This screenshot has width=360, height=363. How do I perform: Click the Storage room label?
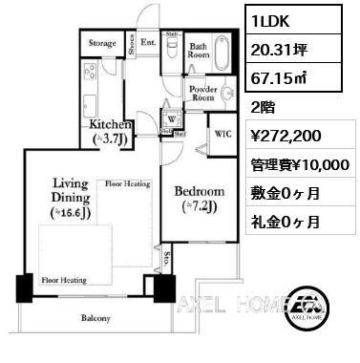coord(102,44)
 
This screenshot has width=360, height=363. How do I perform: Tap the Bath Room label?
coord(199,50)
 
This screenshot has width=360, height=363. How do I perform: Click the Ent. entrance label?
coord(148,43)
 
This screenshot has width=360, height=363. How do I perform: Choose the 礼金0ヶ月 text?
coord(285,222)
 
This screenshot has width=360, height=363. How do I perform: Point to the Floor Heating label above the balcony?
coord(64,281)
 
